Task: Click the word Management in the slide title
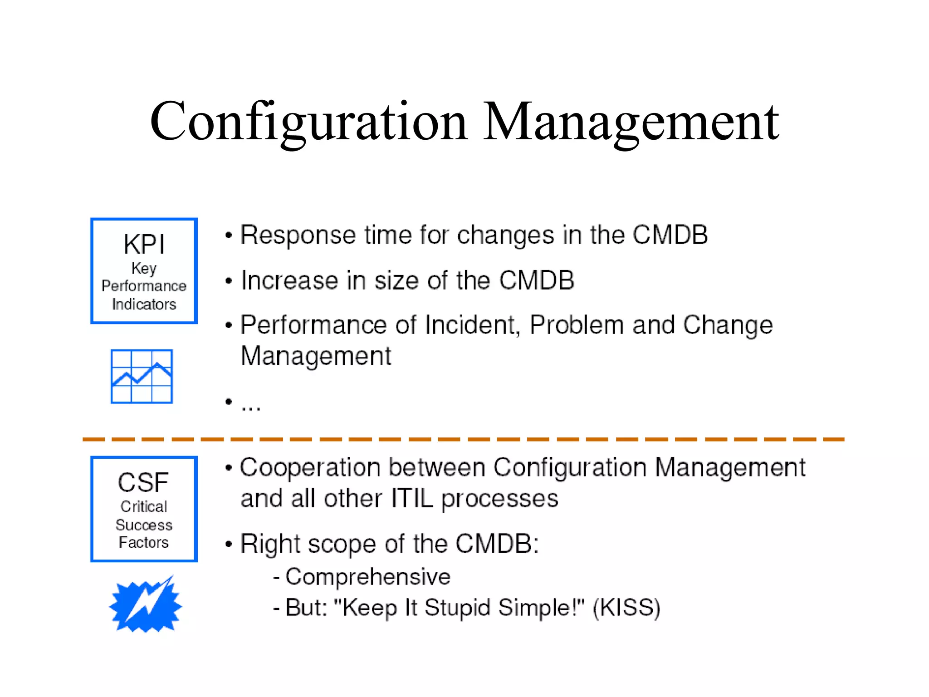click(631, 122)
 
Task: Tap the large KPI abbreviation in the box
click(144, 245)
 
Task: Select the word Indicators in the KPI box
click(144, 304)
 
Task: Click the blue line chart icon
click(142, 376)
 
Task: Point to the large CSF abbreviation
click(143, 482)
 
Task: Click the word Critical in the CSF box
click(144, 506)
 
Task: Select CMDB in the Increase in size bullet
click(537, 280)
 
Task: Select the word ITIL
click(412, 499)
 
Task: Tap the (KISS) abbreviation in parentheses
click(626, 608)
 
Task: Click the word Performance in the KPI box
click(144, 286)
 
